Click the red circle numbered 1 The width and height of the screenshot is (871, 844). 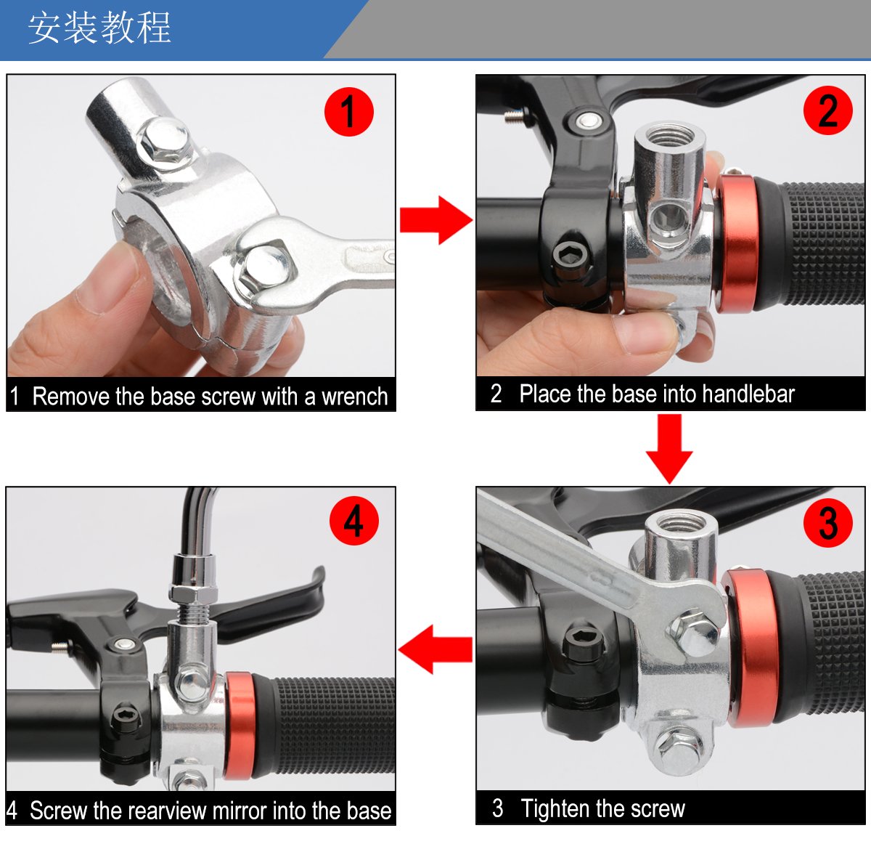[x=348, y=112]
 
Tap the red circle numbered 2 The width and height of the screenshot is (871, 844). [x=827, y=110]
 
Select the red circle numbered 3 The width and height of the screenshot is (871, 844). [x=827, y=523]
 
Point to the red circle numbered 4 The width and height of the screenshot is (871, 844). [x=353, y=521]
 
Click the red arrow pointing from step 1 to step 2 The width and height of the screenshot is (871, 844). [x=436, y=220]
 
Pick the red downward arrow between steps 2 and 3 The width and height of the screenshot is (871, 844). [x=669, y=449]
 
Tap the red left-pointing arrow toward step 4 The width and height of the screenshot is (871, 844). [x=435, y=649]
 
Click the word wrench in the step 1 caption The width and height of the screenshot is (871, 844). [x=354, y=397]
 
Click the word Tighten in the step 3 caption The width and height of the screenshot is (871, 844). [x=555, y=808]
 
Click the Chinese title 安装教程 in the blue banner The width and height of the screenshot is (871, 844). [x=99, y=28]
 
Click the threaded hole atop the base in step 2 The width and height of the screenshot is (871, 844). [x=670, y=136]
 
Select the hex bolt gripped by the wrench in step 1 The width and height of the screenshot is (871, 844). [x=265, y=267]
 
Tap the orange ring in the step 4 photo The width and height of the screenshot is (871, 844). [x=240, y=726]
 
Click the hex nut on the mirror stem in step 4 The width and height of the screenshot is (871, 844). [x=193, y=594]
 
